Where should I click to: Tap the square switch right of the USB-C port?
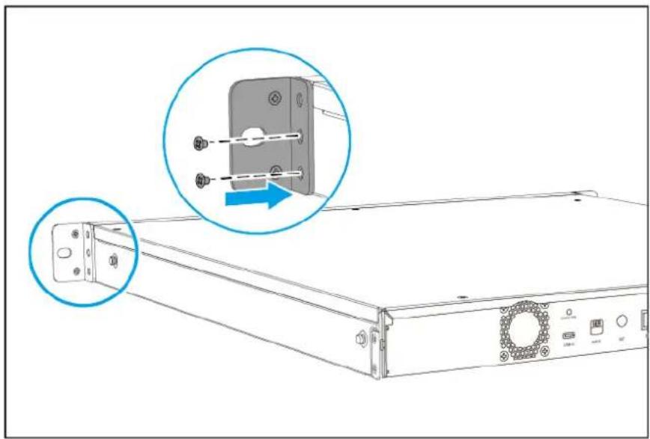point(598,326)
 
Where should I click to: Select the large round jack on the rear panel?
point(622,322)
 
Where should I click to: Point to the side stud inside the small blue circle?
point(113,259)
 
